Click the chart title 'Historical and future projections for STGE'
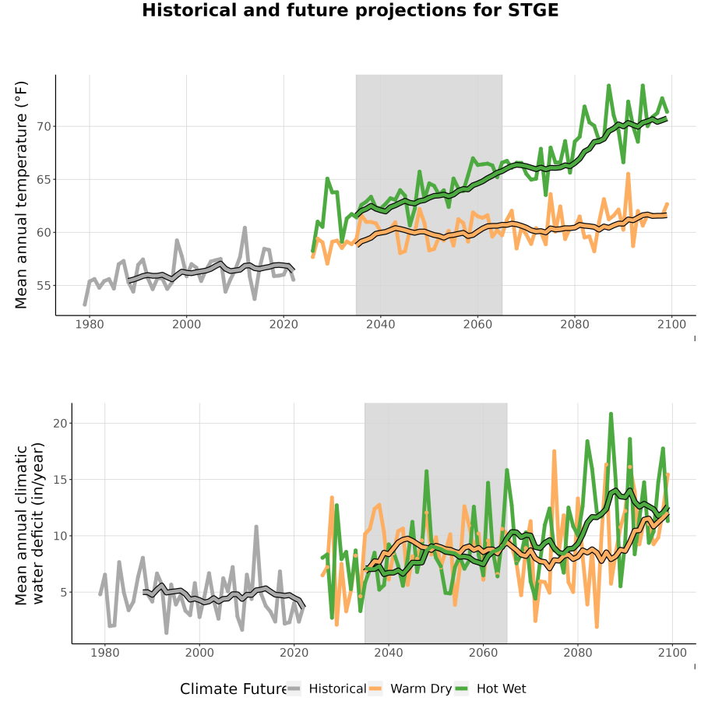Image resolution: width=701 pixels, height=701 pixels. coord(350,10)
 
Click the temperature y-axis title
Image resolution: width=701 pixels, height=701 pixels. coord(21,195)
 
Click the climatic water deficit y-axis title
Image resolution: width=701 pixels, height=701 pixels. coord(30,523)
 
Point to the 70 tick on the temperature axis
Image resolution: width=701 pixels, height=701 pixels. coord(44,126)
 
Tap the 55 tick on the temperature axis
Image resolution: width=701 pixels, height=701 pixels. coord(44,285)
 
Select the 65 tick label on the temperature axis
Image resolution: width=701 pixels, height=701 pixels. coord(44,179)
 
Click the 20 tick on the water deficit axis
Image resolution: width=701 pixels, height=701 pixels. coord(60,423)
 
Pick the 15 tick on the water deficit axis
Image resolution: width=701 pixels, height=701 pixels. coord(60,479)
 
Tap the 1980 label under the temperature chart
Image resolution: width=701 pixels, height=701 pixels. coord(90,324)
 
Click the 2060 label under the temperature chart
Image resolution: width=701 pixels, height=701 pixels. coord(477,324)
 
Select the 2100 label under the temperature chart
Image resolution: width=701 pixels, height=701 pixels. coord(671,324)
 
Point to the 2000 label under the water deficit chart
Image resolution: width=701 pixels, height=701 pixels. coord(199,653)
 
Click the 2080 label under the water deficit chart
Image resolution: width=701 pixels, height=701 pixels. coord(578,653)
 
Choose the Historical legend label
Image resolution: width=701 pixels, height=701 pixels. coord(337,689)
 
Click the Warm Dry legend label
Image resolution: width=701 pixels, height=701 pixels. coord(421,689)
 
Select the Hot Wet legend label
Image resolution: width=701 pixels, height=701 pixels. coord(501,689)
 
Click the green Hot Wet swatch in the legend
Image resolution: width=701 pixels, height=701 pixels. coord(461,689)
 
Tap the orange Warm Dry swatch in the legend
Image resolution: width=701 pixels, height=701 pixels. coord(375,689)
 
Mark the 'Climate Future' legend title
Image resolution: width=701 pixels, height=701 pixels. coord(233,689)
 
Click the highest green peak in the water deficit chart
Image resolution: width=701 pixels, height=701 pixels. coord(611,414)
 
